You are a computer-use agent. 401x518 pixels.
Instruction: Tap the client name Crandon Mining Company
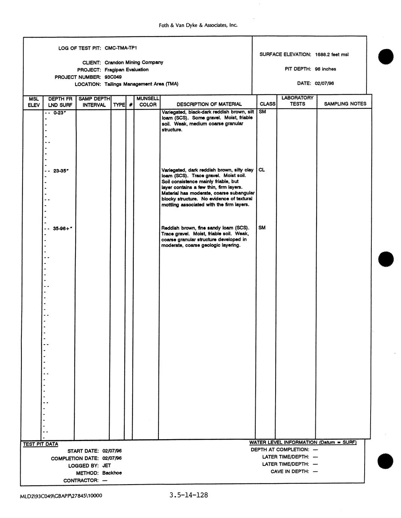[134, 62]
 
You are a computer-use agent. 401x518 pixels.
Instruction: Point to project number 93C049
[113, 77]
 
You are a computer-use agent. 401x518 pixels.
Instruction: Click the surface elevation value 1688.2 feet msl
[332, 54]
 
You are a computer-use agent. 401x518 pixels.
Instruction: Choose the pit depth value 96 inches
[326, 69]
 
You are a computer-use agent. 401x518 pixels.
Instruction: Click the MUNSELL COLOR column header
[148, 101]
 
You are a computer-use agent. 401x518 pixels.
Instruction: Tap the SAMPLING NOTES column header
[345, 104]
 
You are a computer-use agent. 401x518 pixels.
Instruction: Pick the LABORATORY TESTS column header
[297, 101]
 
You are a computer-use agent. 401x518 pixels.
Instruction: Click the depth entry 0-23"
[60, 112]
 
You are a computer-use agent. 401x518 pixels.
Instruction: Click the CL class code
[262, 170]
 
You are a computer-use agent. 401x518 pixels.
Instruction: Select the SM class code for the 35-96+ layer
[262, 227]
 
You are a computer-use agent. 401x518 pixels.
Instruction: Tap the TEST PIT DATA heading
[41, 444]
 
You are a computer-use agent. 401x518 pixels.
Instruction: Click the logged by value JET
[107, 465]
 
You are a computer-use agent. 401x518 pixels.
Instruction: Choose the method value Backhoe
[112, 473]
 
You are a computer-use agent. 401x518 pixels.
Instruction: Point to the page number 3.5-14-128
[188, 495]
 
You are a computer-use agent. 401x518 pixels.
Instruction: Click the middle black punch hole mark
[386, 259]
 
